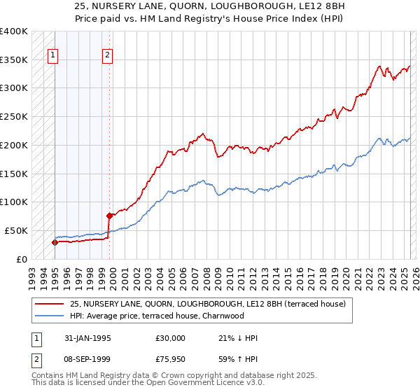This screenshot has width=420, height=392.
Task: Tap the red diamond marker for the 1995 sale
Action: (55, 242)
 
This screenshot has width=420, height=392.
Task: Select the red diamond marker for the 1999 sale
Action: (109, 216)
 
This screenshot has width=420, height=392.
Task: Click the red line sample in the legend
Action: (49, 304)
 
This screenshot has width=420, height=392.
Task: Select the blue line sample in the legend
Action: (49, 316)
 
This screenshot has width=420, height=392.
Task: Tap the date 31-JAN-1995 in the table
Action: (85, 338)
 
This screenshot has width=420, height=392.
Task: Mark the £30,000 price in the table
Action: (171, 338)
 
